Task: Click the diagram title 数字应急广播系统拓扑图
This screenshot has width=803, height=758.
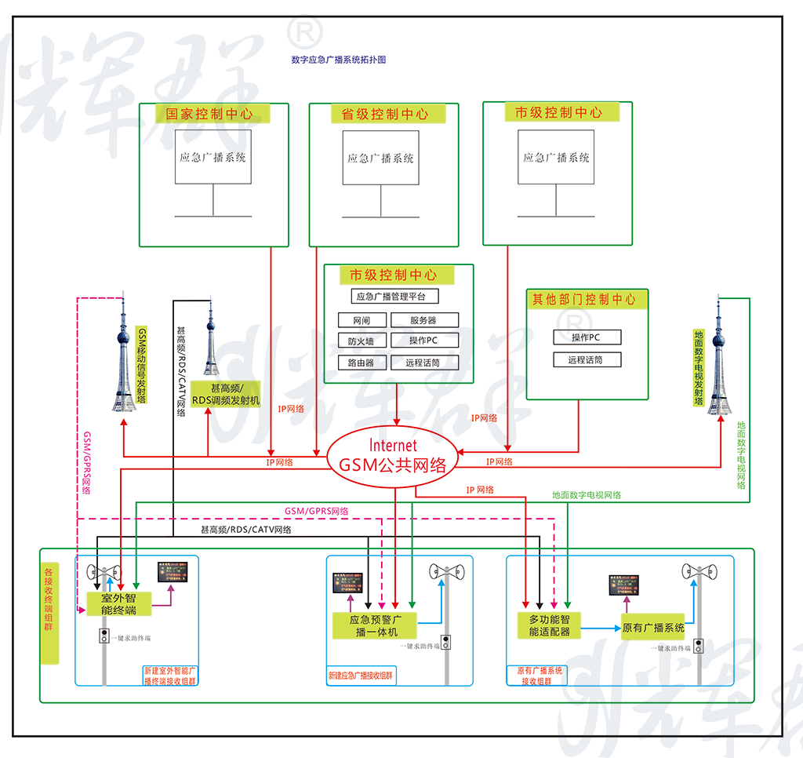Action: pos(338,60)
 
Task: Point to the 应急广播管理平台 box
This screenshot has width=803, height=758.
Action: pos(394,297)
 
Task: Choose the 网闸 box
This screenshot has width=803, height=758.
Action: pos(362,320)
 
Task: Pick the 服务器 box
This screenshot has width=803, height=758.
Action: pos(424,320)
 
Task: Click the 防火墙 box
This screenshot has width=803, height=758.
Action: pos(362,341)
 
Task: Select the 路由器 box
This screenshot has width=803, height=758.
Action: pos(362,363)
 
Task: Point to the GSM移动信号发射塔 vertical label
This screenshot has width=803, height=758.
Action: pos(142,365)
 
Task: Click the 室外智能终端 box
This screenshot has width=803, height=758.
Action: pos(119,603)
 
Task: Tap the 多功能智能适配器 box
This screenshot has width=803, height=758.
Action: pos(549,625)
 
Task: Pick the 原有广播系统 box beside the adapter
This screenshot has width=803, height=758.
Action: pos(653,628)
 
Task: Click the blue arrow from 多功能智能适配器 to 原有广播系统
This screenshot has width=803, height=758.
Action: pos(601,628)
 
